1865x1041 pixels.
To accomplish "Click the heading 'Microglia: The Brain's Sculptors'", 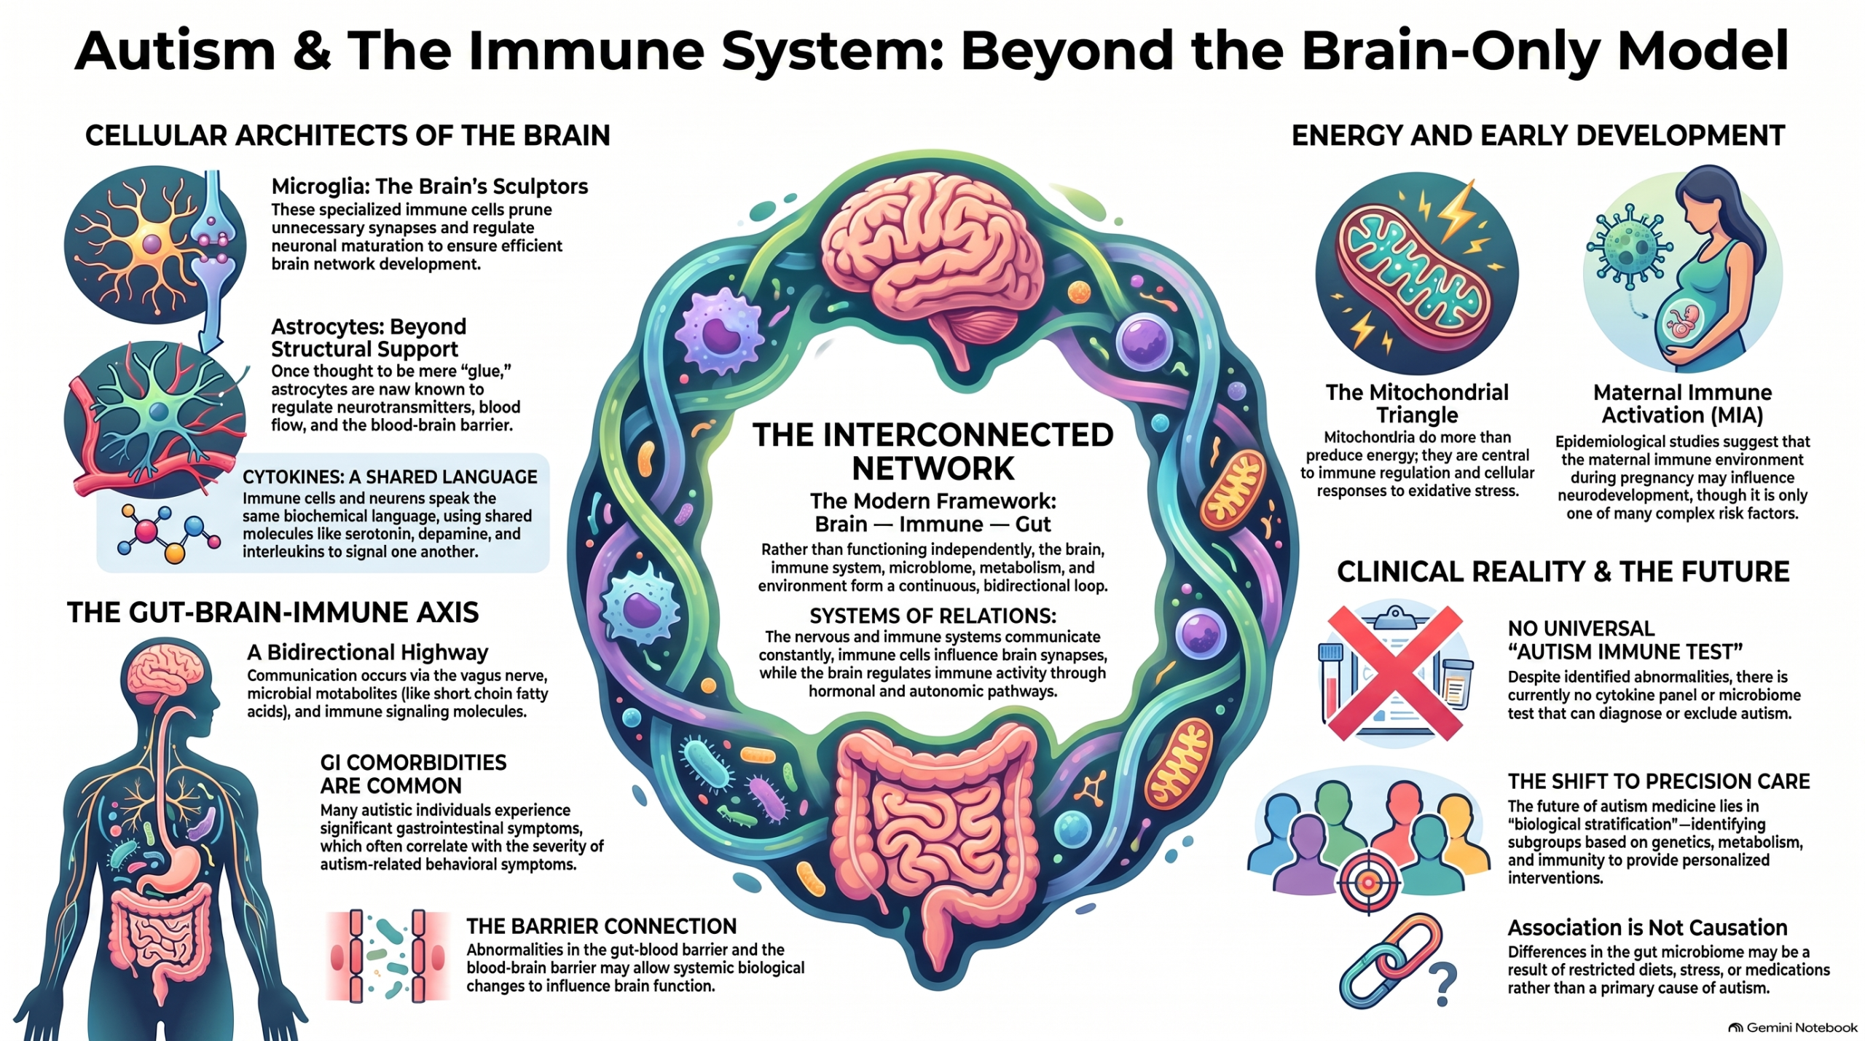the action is coord(430,186).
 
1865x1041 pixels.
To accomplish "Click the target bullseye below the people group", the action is coord(1367,883).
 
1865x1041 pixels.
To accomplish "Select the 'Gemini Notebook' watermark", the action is coord(1793,1028).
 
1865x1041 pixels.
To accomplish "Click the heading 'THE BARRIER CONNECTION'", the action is coord(601,927).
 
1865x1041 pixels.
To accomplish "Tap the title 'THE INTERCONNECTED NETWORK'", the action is coord(933,452).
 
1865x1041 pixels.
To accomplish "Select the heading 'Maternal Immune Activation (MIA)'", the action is coord(1682,404).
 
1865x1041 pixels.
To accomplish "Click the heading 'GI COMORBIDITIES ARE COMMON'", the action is coord(413,774).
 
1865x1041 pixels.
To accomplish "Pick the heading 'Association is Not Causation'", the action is coord(1647,927).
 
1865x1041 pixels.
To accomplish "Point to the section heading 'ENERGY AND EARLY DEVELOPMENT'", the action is coord(1538,136).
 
